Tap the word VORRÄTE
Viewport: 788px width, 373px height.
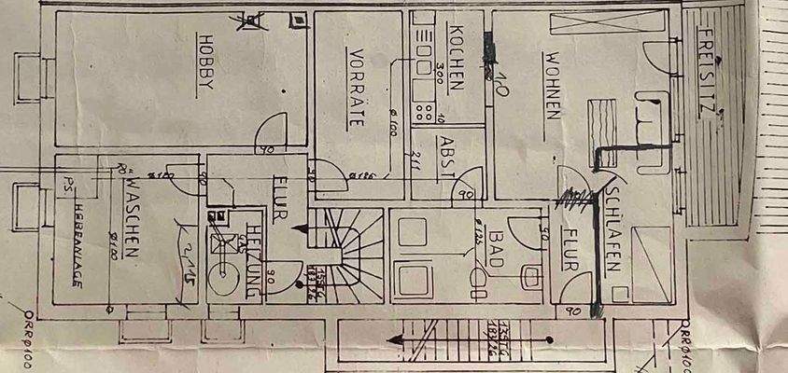(x=354, y=86)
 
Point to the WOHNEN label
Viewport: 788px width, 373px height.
(x=553, y=86)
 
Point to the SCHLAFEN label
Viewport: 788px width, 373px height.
(x=612, y=228)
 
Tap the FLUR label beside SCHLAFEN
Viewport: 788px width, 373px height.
(x=570, y=250)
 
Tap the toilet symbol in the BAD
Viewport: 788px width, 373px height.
(x=530, y=276)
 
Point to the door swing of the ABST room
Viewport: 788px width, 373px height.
(x=464, y=189)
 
